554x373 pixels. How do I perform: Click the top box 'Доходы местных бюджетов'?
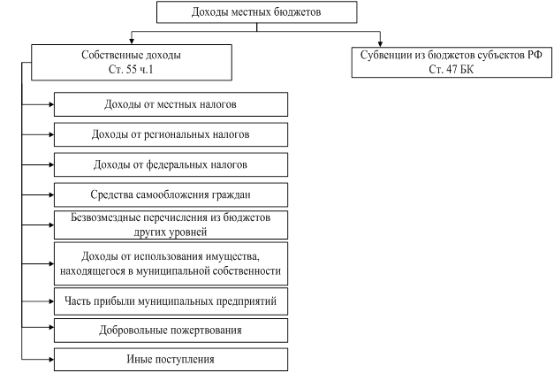pyautogui.click(x=257, y=12)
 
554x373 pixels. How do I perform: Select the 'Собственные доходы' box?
pyautogui.click(x=132, y=62)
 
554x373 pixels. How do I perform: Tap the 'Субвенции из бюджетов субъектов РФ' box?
pyautogui.click(x=452, y=62)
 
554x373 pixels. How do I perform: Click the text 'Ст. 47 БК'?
pyautogui.click(x=452, y=69)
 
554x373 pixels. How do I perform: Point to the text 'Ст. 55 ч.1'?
pyautogui.click(x=131, y=69)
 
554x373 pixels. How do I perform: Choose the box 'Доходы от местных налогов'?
pyautogui.click(x=171, y=104)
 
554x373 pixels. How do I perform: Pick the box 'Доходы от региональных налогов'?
pyautogui.click(x=171, y=134)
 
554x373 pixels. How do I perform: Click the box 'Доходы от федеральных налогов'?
pyautogui.click(x=171, y=164)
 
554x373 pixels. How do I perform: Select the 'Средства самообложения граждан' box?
pyautogui.click(x=171, y=194)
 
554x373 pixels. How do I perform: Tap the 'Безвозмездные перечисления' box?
pyautogui.click(x=171, y=225)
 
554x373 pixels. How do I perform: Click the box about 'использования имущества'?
pyautogui.click(x=171, y=263)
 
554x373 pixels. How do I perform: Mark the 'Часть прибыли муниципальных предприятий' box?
pyautogui.click(x=171, y=301)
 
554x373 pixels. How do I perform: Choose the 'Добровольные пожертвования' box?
pyautogui.click(x=171, y=331)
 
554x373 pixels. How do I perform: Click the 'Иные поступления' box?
pyautogui.click(x=171, y=360)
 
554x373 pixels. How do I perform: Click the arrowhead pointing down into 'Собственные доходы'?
pyautogui.click(x=132, y=42)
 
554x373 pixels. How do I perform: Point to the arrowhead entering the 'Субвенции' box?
pyautogui.click(x=380, y=44)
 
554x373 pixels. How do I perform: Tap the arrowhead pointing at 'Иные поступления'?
pyautogui.click(x=51, y=360)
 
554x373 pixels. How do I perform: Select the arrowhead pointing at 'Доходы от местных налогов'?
pyautogui.click(x=51, y=104)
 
